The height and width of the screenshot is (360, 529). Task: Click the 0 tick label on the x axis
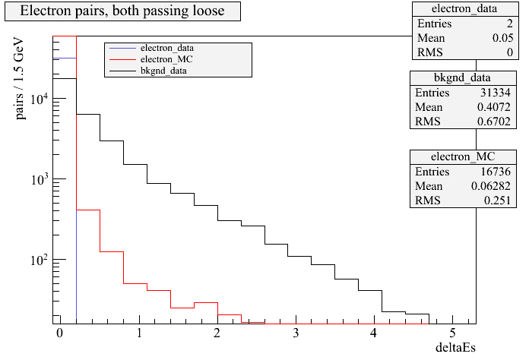click(59, 333)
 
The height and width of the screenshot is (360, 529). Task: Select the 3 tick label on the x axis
click(295, 333)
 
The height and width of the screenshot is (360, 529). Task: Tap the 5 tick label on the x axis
click(452, 333)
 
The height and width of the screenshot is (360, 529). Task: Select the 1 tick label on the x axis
click(138, 333)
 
